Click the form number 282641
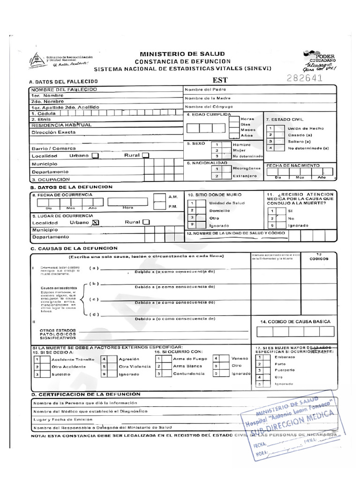click(x=304, y=78)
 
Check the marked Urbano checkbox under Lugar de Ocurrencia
click(x=96, y=223)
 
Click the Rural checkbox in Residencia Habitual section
click(x=145, y=155)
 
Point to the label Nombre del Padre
click(x=205, y=89)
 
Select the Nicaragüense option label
click(x=247, y=168)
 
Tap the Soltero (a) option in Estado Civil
click(x=300, y=141)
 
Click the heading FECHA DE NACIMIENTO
click(x=293, y=165)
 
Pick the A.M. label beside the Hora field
click(x=172, y=197)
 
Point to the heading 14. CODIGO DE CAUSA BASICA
click(x=295, y=322)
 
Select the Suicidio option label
click(x=61, y=374)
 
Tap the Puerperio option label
click(x=285, y=370)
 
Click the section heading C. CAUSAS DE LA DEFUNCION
click(x=74, y=248)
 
